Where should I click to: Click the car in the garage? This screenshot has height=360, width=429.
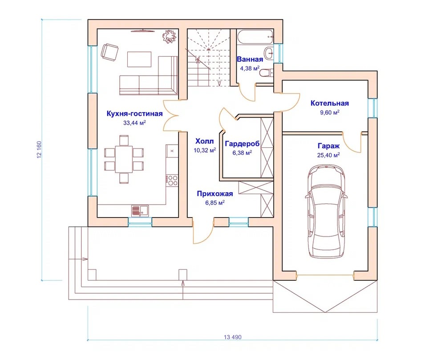[x=327, y=211]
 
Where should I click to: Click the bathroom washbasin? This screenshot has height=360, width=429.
[x=268, y=52]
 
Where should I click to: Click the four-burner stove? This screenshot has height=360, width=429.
[x=172, y=180]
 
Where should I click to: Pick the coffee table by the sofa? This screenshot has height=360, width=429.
[x=139, y=59]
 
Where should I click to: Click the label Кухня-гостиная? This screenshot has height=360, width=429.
[x=134, y=113]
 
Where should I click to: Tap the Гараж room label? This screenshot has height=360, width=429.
[x=328, y=146]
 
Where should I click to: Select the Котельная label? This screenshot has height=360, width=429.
[x=330, y=103]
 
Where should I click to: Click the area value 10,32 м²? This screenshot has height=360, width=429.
[x=205, y=150]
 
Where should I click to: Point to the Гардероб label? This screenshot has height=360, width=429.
[x=242, y=144]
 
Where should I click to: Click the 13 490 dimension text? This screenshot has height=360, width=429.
[x=233, y=337]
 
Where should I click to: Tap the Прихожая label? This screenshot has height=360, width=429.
[x=215, y=194]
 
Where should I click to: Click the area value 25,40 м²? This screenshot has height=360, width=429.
[x=328, y=155]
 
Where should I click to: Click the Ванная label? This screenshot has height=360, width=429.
[x=250, y=59]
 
